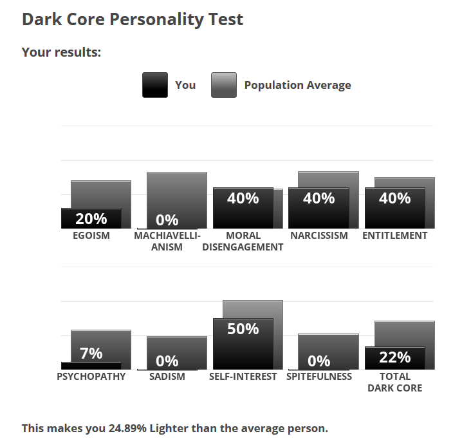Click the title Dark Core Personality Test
(x=133, y=19)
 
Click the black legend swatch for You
(x=155, y=85)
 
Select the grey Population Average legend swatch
(x=224, y=85)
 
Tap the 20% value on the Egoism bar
(x=91, y=218)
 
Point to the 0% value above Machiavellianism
(x=167, y=220)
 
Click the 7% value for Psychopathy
(x=91, y=353)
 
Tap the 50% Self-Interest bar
(x=243, y=348)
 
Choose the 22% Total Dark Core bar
(x=394, y=359)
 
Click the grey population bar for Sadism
(x=176, y=344)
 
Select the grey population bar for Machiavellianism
(x=176, y=193)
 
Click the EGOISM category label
(x=91, y=236)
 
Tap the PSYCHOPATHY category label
(x=91, y=377)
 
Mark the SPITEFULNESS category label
(x=319, y=377)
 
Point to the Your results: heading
(x=61, y=52)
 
